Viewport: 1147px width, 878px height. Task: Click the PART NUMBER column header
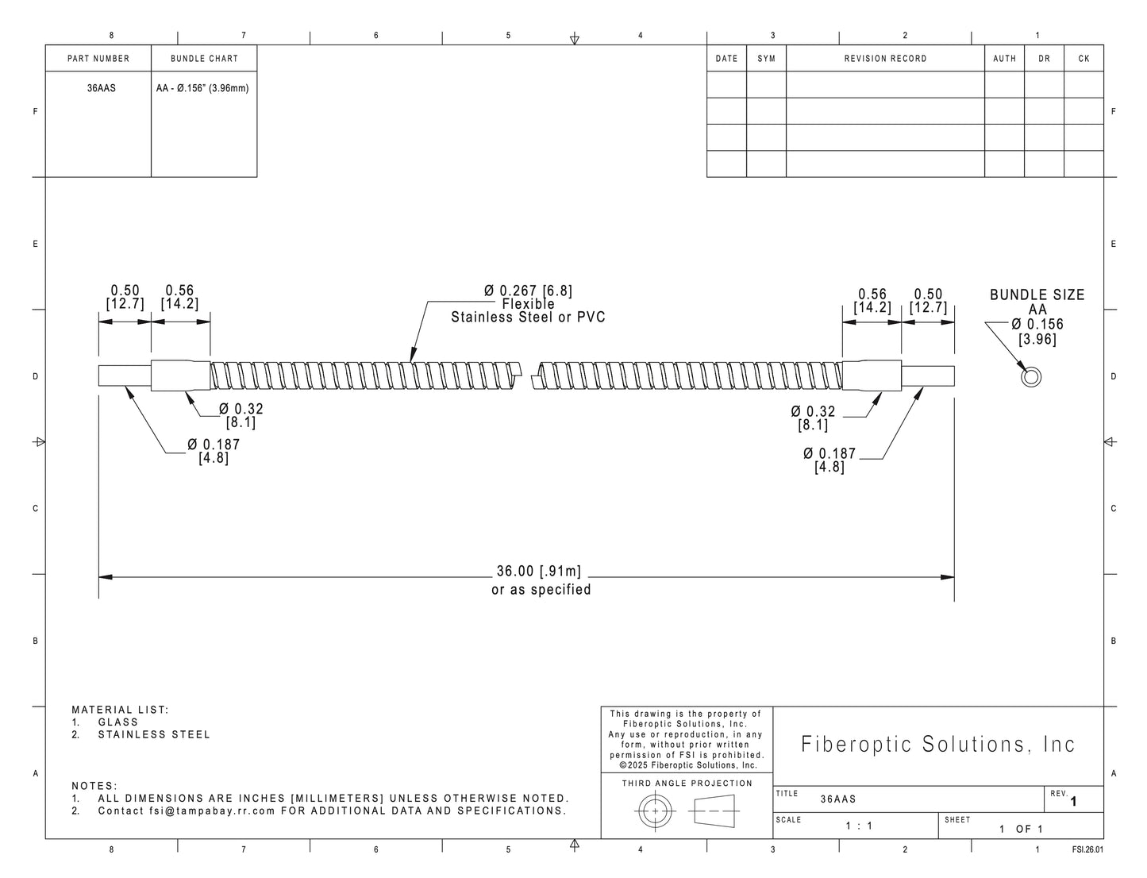pyautogui.click(x=98, y=59)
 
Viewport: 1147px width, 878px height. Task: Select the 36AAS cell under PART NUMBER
pyautogui.click(x=102, y=88)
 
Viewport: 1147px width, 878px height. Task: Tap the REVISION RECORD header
pyautogui.click(x=885, y=59)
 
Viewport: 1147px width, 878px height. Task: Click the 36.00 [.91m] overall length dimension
pyautogui.click(x=539, y=572)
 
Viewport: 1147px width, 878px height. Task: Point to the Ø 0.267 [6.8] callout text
pyautogui.click(x=528, y=291)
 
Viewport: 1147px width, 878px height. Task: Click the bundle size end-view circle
pyautogui.click(x=1030, y=377)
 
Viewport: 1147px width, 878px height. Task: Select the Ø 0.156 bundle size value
pyautogui.click(x=1037, y=324)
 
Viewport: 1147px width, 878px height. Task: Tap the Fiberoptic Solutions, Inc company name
pyautogui.click(x=938, y=744)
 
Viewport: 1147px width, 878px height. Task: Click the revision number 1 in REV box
pyautogui.click(x=1073, y=802)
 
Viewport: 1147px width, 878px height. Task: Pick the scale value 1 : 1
pyautogui.click(x=859, y=826)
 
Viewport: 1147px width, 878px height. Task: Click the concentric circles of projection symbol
pyautogui.click(x=655, y=811)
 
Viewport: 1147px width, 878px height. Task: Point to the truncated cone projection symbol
pyautogui.click(x=714, y=811)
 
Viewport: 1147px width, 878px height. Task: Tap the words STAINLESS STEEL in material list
pyautogui.click(x=154, y=735)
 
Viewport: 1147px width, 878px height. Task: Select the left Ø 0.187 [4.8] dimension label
pyautogui.click(x=214, y=451)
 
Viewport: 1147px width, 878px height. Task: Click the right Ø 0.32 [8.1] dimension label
pyautogui.click(x=813, y=418)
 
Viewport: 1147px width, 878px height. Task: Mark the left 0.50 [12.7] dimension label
pyautogui.click(x=125, y=297)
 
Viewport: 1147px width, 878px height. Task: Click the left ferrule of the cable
pyautogui.click(x=181, y=375)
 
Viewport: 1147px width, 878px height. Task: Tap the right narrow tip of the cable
pyautogui.click(x=928, y=375)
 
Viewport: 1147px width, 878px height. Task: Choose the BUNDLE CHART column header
pyautogui.click(x=204, y=59)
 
